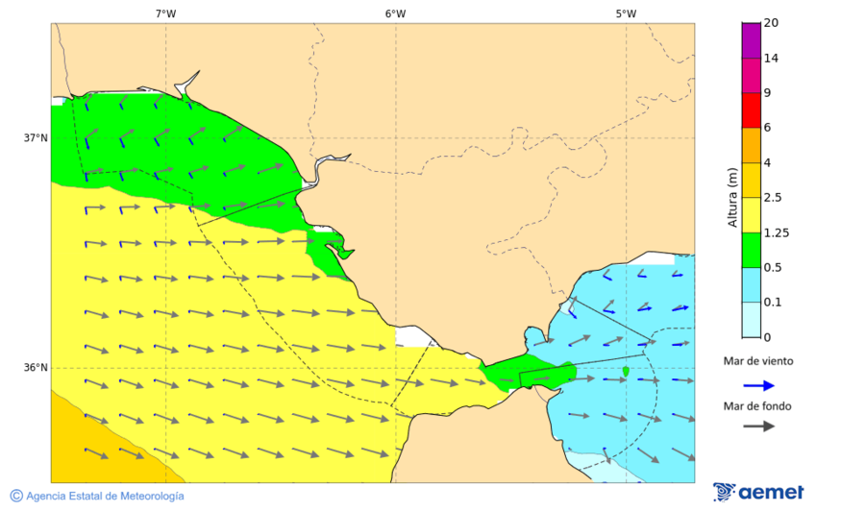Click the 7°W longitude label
coord(165,13)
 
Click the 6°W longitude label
coord(395,13)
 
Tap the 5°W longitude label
coord(626,13)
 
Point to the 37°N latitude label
coord(36,137)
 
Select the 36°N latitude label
coord(36,367)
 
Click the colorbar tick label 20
coord(771,23)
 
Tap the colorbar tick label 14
coord(771,58)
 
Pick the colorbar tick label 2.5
coord(772,198)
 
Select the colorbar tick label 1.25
coord(775,232)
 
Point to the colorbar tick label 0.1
coord(772,303)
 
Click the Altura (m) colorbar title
coord(732,197)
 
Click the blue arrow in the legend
coord(758,385)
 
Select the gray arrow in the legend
coord(758,426)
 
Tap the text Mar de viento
coord(758,361)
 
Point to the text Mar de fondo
coord(758,406)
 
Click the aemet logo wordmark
coord(771,492)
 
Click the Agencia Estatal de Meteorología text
coord(105,496)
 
